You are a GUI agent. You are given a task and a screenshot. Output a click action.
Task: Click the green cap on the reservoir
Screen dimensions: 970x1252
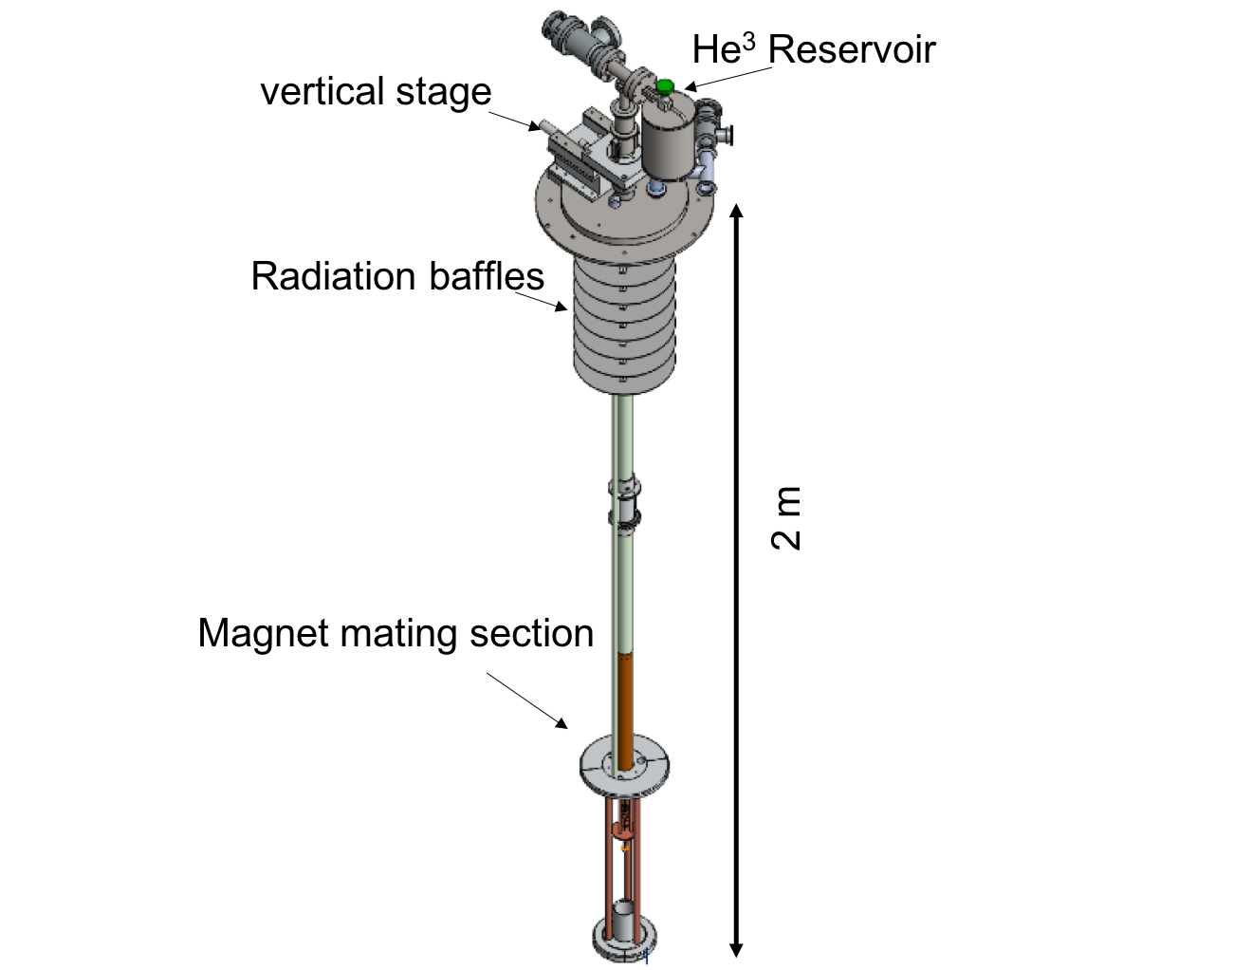[665, 86]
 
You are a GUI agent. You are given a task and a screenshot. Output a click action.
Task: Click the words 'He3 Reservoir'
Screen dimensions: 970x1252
[813, 49]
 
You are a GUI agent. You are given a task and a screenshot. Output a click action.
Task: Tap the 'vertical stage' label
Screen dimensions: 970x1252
[376, 92]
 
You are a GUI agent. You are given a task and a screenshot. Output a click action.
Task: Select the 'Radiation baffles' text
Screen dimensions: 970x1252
[397, 276]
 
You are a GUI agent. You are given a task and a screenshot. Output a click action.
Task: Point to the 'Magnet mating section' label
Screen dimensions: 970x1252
[396, 633]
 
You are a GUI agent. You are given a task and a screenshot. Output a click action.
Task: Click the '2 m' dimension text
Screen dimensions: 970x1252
[787, 518]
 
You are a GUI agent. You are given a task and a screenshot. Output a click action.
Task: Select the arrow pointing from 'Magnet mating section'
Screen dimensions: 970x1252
[527, 700]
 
